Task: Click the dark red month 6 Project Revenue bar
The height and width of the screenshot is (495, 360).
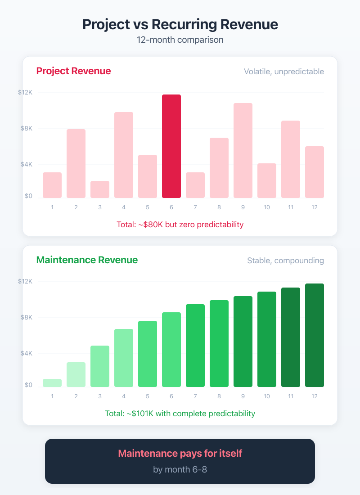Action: coord(171,146)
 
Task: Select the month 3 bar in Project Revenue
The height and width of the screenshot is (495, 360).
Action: coord(100,189)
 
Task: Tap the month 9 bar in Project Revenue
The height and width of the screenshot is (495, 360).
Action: coord(243,150)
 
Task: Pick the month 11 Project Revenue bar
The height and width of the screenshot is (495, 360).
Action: coord(291,159)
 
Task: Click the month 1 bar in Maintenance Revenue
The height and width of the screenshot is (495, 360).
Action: coord(52,383)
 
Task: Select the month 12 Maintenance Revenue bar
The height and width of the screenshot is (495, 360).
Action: coord(315,335)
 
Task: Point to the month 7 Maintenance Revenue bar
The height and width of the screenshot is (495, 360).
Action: coord(195,346)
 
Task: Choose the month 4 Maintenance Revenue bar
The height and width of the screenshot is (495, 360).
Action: coord(124,358)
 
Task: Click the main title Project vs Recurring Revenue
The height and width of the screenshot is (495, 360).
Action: coord(180,24)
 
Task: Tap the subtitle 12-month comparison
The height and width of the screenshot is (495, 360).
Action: coord(180,40)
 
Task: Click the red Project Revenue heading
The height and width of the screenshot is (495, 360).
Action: coord(73,71)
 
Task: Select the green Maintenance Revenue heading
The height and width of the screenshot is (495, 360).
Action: coord(87,260)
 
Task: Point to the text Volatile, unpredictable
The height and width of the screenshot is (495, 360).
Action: coord(283,72)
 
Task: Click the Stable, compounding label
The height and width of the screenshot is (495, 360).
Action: coord(285,261)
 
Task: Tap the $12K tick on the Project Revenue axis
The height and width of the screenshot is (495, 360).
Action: coord(25,92)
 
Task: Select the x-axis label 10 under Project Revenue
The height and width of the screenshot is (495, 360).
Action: coord(267,207)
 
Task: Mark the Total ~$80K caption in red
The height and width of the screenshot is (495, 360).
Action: coord(180,224)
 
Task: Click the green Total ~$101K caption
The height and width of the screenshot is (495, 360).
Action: coord(180,413)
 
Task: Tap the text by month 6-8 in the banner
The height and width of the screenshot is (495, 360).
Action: coord(180,469)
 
